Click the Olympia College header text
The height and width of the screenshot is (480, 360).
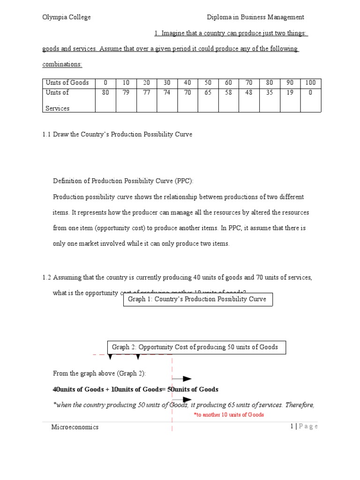click(x=67, y=17)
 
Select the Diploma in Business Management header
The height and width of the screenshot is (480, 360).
click(x=256, y=17)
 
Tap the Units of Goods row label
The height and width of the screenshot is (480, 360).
click(x=67, y=82)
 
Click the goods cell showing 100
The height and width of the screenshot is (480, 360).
click(x=310, y=82)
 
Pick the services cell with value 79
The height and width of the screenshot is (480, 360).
click(x=126, y=93)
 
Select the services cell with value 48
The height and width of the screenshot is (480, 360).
click(x=248, y=93)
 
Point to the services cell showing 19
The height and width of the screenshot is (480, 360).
click(x=290, y=93)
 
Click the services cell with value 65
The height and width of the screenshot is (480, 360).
click(x=208, y=93)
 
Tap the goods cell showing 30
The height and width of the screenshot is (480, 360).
click(x=167, y=82)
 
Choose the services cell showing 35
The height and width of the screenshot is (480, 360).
click(x=269, y=93)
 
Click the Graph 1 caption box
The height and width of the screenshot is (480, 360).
click(x=197, y=299)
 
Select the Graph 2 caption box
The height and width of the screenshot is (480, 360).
click(x=195, y=347)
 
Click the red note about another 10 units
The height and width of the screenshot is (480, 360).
click(x=229, y=415)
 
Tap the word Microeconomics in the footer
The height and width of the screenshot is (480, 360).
click(x=75, y=427)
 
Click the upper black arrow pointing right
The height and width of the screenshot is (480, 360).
click(x=182, y=379)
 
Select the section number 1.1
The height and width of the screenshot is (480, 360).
click(x=47, y=135)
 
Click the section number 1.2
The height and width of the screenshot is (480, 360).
click(x=47, y=277)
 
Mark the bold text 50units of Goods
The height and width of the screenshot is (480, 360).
click(x=193, y=390)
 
